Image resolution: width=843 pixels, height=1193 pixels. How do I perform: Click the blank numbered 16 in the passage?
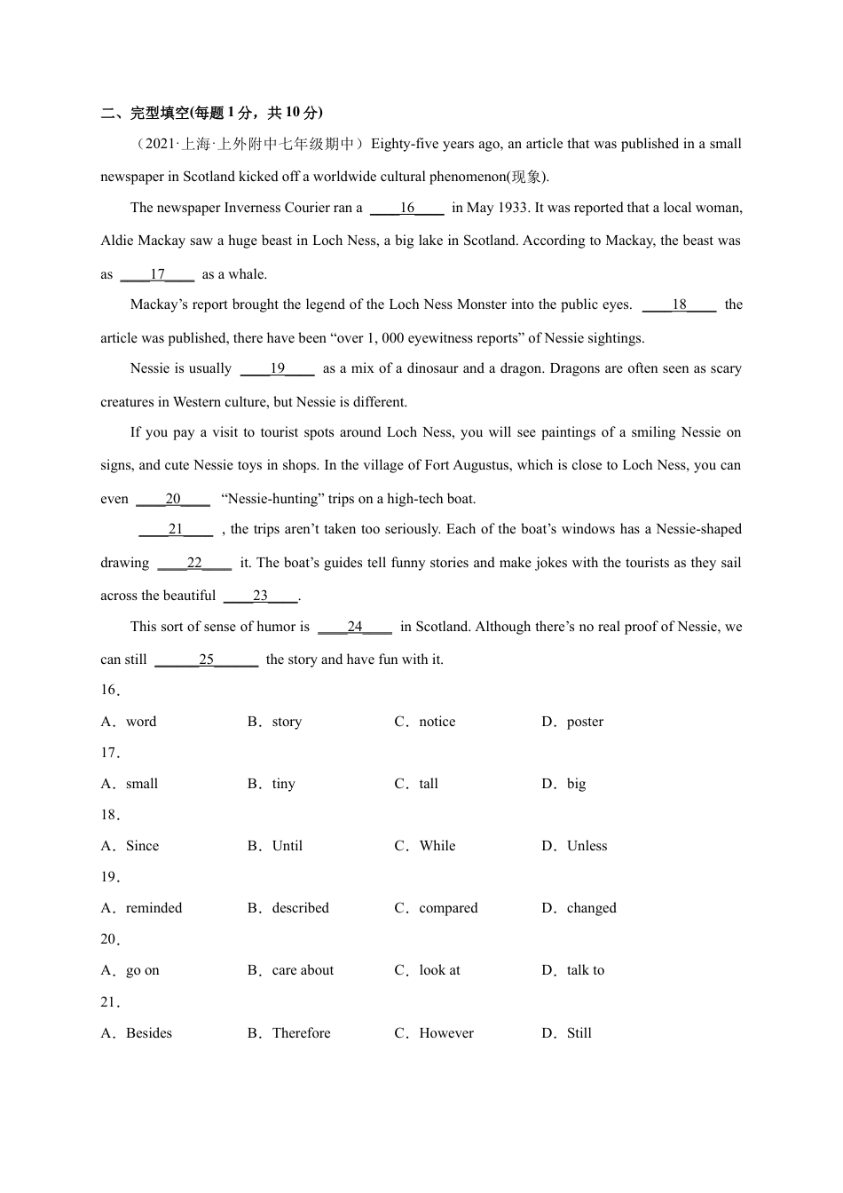click(x=406, y=209)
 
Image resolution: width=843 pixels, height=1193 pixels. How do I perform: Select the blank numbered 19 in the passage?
click(x=277, y=369)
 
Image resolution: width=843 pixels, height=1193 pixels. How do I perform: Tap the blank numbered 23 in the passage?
click(x=260, y=596)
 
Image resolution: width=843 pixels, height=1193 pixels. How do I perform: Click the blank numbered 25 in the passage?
click(x=206, y=660)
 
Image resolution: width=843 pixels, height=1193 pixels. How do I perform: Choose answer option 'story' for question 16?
click(x=287, y=723)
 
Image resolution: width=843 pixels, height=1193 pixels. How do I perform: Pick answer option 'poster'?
click(x=585, y=723)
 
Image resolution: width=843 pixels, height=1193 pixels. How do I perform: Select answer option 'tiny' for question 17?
click(x=283, y=785)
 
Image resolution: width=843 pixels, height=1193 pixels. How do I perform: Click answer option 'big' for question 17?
click(x=576, y=785)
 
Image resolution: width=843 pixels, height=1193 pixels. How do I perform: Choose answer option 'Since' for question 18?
click(x=142, y=847)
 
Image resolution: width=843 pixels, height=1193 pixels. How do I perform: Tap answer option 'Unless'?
click(x=587, y=847)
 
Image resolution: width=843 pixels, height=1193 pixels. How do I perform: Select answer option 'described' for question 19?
click(x=300, y=909)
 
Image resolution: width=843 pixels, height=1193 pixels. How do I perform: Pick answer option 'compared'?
click(x=448, y=909)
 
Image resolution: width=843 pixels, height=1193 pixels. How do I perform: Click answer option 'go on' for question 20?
click(x=142, y=971)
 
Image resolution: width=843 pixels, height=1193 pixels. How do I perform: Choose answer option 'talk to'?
click(x=585, y=971)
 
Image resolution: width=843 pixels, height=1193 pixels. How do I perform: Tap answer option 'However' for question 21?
click(x=446, y=1034)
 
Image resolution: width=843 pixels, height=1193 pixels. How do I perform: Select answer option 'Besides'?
click(x=149, y=1034)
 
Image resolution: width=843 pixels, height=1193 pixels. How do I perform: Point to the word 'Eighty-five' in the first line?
click(x=405, y=145)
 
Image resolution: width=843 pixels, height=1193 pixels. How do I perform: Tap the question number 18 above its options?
click(x=109, y=816)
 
